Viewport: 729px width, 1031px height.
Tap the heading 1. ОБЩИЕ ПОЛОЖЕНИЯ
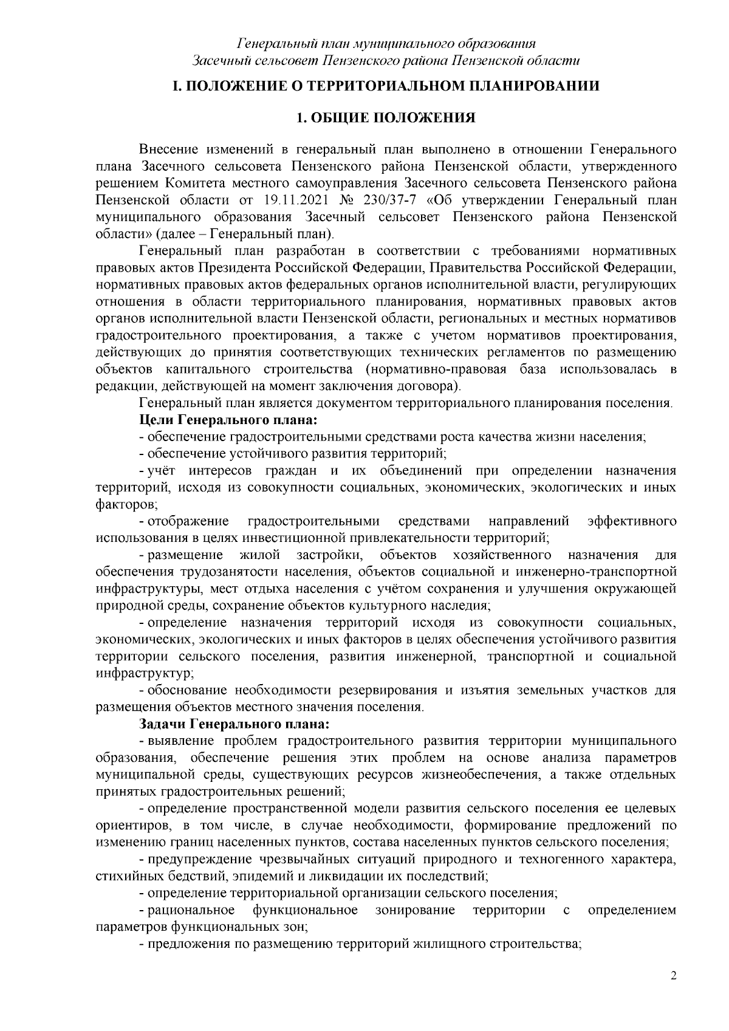point(385,118)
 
